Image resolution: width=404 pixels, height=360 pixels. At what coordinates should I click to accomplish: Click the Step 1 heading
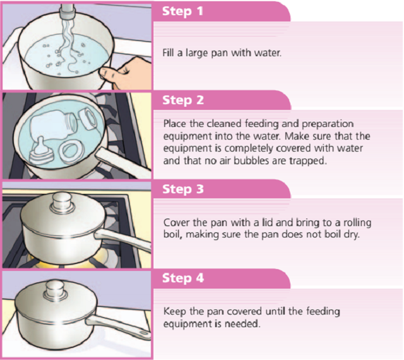[x=182, y=11]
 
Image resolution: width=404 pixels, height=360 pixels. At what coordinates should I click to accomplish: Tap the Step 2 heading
[x=183, y=100]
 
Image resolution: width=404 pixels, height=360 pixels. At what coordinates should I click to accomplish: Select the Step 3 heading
[x=183, y=189]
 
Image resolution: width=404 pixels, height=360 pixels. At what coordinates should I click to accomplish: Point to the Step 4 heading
[x=183, y=278]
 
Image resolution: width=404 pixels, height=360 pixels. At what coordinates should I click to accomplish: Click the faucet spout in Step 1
[x=68, y=11]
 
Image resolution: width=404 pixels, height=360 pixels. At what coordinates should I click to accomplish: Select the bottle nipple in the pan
[x=39, y=152]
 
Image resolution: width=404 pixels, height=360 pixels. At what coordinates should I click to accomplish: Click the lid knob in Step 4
[x=55, y=291]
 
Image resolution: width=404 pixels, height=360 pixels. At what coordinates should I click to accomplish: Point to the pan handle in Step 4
[x=118, y=327]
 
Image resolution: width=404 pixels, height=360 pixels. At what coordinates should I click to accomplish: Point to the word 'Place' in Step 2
[x=175, y=124]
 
